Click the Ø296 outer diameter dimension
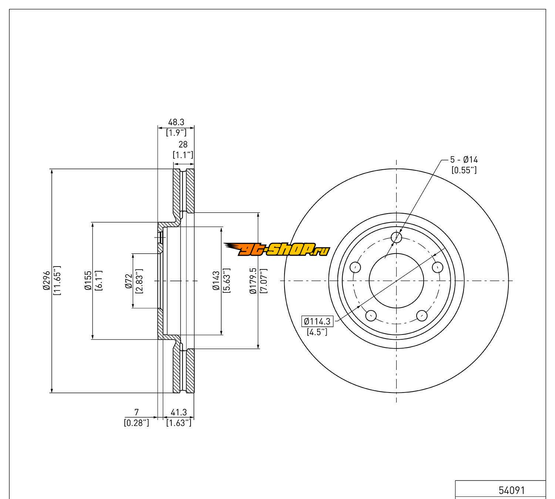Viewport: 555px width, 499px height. [x=46, y=281]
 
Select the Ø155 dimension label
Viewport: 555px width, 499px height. [x=88, y=281]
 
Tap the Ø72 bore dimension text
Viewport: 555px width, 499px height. [x=128, y=281]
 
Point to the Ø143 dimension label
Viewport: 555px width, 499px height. [x=216, y=281]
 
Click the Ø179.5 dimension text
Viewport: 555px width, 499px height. [x=253, y=281]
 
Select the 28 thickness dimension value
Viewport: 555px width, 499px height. [x=183, y=145]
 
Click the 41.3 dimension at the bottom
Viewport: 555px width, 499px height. [x=178, y=412]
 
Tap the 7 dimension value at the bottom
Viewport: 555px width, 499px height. [x=136, y=412]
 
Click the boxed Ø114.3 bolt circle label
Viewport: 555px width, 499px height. [x=317, y=322]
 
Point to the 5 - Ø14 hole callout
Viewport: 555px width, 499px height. [x=464, y=160]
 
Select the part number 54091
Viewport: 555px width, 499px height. [x=512, y=490]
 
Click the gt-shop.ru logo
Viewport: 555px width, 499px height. [x=277, y=250]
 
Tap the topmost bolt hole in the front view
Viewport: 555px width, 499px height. [x=397, y=237]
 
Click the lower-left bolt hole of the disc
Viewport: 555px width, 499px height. [x=371, y=315]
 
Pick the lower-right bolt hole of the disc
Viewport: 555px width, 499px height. [x=422, y=315]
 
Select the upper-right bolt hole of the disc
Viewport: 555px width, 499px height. [x=438, y=267]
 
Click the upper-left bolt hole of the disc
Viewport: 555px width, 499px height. [x=355, y=267]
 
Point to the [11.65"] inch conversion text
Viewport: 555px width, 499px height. [x=57, y=281]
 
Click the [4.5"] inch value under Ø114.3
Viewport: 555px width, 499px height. [x=317, y=332]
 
